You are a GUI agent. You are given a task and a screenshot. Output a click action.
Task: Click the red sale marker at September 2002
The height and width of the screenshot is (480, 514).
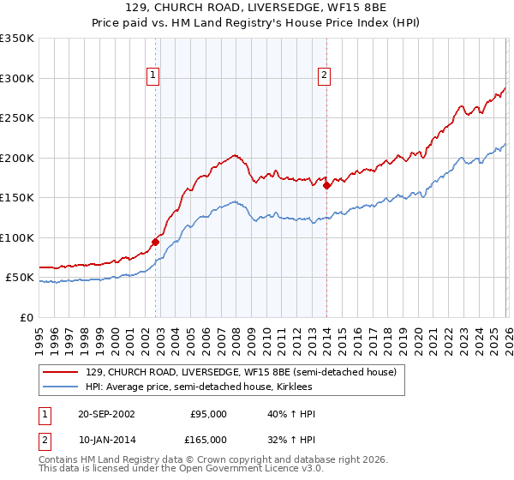tap(156, 242)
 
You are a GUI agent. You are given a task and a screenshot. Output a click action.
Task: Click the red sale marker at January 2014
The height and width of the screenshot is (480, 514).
tap(326, 185)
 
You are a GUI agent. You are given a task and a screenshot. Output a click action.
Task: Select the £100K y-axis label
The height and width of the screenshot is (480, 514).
tap(17, 237)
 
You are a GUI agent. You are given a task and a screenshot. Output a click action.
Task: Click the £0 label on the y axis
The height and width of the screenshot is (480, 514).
tap(26, 317)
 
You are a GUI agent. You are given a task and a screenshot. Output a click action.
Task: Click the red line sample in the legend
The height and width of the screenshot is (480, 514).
tap(61, 373)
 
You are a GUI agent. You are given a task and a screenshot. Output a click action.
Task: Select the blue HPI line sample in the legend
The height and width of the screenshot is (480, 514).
tap(61, 387)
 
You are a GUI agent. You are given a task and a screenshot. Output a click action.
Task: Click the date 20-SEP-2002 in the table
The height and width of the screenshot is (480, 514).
tap(105, 414)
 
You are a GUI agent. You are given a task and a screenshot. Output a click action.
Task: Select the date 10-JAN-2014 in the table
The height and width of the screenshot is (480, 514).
tap(105, 440)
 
